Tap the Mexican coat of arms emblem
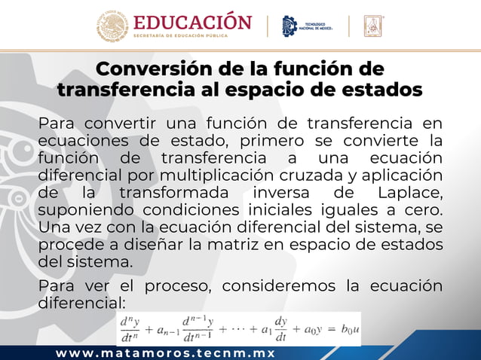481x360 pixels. point(112,25)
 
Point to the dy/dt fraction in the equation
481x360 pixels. point(281,329)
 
